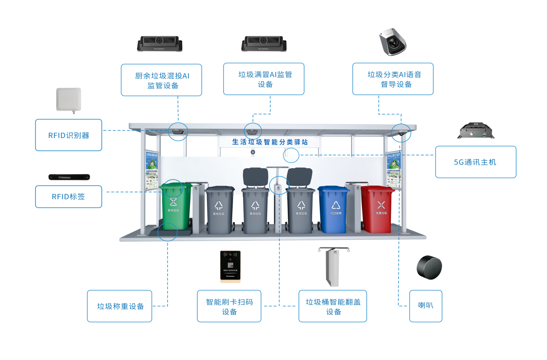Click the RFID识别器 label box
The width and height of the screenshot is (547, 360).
tap(68, 135)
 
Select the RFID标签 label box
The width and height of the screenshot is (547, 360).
tap(68, 196)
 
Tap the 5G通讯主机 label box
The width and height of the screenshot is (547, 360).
tap(475, 162)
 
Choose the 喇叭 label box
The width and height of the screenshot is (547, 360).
tap(425, 306)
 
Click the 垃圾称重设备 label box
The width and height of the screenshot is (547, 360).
tap(119, 306)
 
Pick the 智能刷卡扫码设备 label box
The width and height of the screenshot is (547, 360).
tap(229, 306)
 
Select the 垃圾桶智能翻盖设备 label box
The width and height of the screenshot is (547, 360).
tap(333, 306)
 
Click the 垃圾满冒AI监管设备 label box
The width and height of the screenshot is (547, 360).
tap(263, 79)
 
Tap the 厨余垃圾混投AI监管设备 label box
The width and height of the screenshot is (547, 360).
tap(161, 80)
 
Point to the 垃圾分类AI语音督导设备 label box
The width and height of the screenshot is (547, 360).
tap(393, 79)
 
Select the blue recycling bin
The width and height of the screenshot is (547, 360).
tap(334, 209)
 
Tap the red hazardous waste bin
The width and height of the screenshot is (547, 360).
tap(377, 209)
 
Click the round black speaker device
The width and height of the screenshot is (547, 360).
tap(429, 268)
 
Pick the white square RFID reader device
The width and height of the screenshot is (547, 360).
tap(69, 99)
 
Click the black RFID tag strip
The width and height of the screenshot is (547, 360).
tap(69, 177)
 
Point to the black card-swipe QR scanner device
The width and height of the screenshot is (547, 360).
tap(230, 266)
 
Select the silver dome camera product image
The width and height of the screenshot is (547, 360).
tap(393, 41)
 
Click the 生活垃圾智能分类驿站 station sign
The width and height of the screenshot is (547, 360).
tap(270, 142)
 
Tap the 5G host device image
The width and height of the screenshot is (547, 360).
tap(476, 131)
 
